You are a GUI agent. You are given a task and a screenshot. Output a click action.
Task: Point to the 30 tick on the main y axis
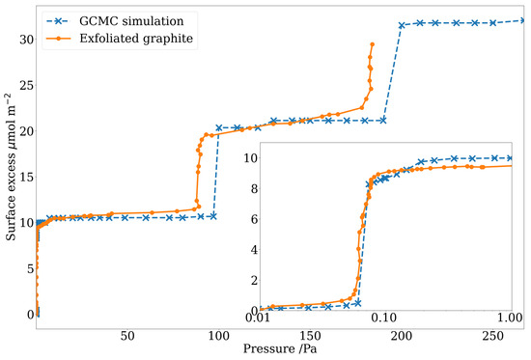[x=22, y=39]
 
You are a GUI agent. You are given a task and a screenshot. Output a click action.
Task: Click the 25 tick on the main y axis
[x=22, y=85]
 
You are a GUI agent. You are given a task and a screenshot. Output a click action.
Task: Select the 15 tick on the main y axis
[x=22, y=177]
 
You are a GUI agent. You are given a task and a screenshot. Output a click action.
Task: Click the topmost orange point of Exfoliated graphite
[x=373, y=43]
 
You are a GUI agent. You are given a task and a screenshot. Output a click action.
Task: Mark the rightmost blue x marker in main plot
[x=522, y=20]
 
